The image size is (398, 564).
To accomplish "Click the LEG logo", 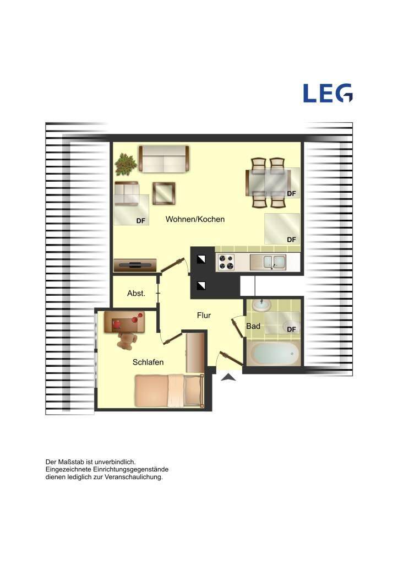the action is coord(328,93).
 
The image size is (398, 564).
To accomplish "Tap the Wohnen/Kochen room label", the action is coord(195,219).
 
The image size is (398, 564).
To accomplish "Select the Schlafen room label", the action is coord(148,362).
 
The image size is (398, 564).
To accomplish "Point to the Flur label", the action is coord(204,315).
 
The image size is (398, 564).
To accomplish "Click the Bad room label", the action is coord(253,326).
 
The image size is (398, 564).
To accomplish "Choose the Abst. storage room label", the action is coord(137,293).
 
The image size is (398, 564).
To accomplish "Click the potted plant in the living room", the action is coord(126,165).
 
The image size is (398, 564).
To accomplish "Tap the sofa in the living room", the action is coord(164,159).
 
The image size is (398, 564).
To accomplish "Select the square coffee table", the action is coord(163,193).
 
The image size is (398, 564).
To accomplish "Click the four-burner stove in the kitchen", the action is coord(226,262).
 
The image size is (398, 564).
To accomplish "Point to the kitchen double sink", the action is coord(268,262).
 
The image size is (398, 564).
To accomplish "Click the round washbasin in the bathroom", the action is coord(261,305).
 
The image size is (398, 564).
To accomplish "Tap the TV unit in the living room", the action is coord(135,265).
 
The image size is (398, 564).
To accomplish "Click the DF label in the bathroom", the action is coord(291,329).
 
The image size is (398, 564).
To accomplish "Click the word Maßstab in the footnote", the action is coord(71,462).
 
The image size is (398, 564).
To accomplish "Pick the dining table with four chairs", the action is coord(268,183).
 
